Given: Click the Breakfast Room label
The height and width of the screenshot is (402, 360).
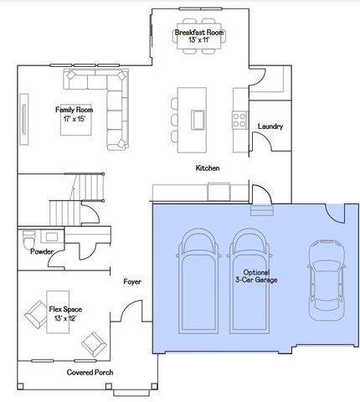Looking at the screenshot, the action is click(199, 33).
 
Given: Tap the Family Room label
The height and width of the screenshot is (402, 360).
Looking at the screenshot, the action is click(74, 110).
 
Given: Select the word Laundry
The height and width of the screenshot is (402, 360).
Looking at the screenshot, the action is click(270, 126).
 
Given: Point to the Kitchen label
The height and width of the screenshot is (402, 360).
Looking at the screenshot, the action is click(208, 168).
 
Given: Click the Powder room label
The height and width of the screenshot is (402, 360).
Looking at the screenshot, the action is click(42, 251).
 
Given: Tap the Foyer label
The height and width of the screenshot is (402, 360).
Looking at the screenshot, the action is click(132, 282).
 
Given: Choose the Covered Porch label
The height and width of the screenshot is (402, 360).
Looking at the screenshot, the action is click(90, 373).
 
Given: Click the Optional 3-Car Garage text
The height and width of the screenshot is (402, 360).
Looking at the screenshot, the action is click(256, 276).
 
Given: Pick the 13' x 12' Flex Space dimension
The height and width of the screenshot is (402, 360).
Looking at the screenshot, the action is click(65, 318).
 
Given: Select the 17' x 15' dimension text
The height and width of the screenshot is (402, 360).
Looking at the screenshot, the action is click(74, 119).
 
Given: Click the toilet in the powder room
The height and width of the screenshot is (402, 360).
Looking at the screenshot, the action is click(28, 240).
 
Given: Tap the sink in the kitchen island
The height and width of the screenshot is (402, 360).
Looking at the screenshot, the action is click(198, 120).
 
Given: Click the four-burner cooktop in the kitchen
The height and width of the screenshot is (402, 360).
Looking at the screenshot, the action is click(239, 120).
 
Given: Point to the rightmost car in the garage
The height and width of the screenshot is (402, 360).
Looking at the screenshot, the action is click(327, 280).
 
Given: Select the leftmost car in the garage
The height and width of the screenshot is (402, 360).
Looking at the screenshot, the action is click(198, 281).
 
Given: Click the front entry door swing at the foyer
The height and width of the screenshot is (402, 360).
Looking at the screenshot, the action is click(131, 311).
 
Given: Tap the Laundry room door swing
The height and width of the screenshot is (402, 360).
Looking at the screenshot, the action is click(262, 142).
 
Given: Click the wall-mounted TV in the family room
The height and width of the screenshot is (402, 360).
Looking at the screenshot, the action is click(24, 120).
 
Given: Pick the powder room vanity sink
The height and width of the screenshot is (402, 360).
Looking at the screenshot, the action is click(52, 237).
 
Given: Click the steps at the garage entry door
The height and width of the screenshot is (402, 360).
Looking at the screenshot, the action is click(262, 210).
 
